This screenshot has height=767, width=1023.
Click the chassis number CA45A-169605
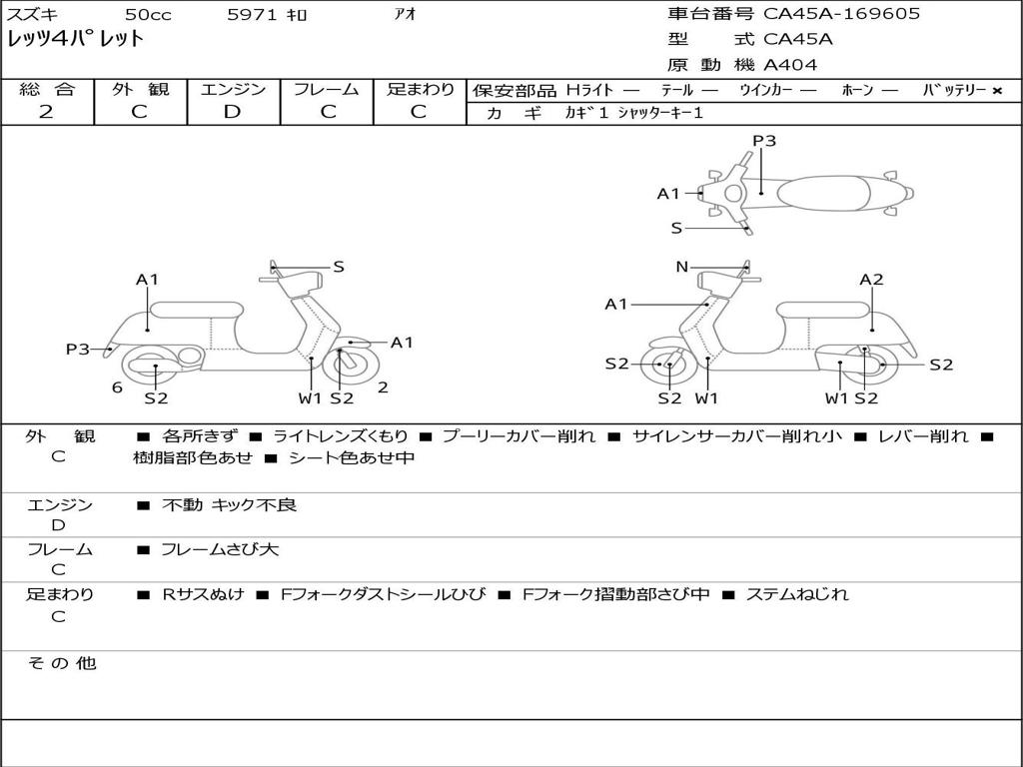coord(841,14)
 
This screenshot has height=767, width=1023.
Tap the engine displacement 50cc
coord(147,15)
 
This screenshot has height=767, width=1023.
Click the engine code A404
coord(790,65)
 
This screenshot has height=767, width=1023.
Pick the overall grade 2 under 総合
coord(46,112)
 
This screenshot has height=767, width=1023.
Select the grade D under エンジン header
coord(232,112)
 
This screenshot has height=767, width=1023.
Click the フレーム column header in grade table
coord(326,89)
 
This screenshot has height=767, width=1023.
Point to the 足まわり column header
coord(420,89)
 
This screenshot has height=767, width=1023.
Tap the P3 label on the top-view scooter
coord(764,141)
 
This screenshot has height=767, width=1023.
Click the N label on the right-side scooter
coord(682,267)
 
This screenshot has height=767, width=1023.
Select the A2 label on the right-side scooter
coord(871,280)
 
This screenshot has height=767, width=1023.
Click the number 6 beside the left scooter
coord(117,387)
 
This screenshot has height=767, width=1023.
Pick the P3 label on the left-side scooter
coord(78,349)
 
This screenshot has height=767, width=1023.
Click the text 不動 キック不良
coord(229,505)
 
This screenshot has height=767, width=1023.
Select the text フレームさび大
coord(220,549)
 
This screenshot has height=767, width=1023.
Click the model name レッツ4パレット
coord(76,40)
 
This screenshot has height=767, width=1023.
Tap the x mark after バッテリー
coord(996,90)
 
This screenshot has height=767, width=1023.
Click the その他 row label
coord(61,663)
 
